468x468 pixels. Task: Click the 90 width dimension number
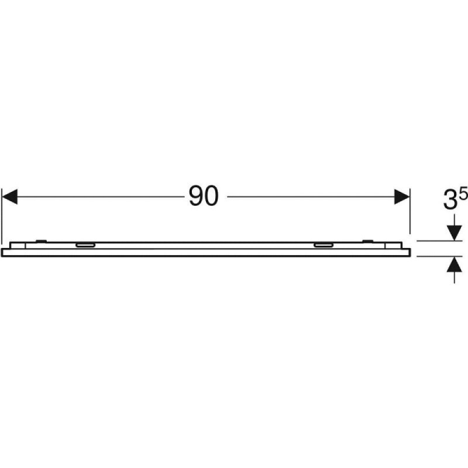pos(204,196)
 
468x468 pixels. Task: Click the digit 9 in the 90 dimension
pos(197,196)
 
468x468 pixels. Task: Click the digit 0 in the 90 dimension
pos(212,196)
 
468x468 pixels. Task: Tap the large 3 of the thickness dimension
pos(450,201)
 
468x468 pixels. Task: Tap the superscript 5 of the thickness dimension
pos(463,195)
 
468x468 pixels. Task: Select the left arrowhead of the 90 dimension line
pos(10,197)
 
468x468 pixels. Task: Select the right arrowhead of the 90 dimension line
pos(402,197)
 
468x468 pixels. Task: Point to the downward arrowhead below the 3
pos(455,233)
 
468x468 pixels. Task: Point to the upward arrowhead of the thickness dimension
pos(455,264)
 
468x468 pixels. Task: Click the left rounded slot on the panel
pos(85,245)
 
